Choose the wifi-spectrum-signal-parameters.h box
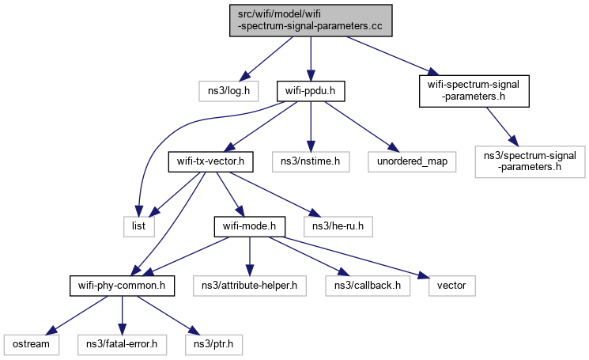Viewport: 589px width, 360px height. point(474,92)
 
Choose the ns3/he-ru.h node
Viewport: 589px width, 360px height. point(338,227)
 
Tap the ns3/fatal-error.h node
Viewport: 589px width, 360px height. point(121,346)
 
